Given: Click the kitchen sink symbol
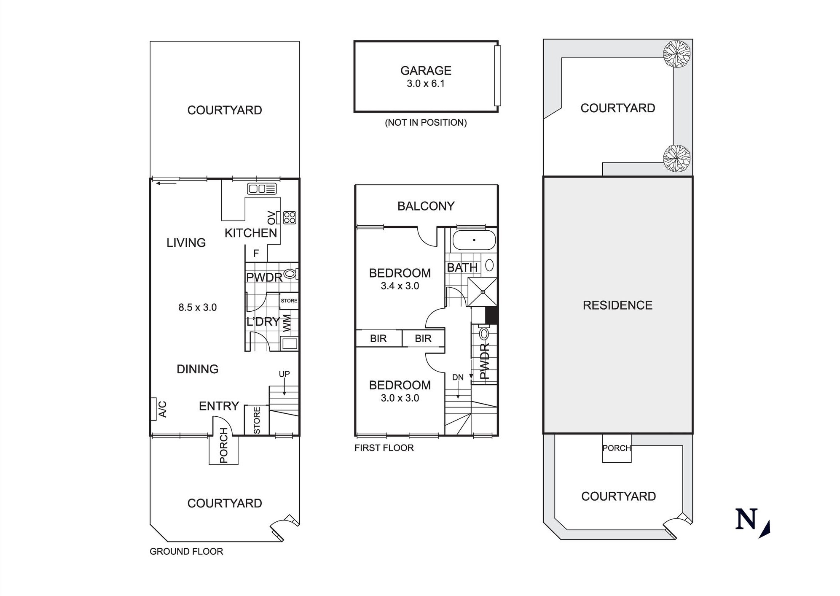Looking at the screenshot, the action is click(262, 189).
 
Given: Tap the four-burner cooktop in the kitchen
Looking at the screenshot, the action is click(290, 218).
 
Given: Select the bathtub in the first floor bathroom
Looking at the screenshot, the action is click(474, 240).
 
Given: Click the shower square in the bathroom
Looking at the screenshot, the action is click(483, 292).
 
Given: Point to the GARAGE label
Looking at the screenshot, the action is click(426, 70).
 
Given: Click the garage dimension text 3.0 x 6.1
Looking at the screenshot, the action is click(426, 84).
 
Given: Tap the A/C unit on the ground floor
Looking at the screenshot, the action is click(153, 409).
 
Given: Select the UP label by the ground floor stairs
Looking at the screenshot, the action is click(284, 374).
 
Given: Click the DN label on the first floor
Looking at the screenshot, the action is click(458, 377).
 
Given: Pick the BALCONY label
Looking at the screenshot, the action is click(426, 206).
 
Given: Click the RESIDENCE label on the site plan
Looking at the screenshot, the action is click(617, 305).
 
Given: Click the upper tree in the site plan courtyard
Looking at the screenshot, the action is click(676, 54).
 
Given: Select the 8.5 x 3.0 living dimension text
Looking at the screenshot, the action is click(197, 307).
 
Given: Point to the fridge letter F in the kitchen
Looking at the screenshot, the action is click(256, 254).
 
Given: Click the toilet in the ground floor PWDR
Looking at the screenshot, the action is click(290, 274).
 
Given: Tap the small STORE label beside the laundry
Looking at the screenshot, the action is click(289, 301).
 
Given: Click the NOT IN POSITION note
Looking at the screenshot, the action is click(426, 123).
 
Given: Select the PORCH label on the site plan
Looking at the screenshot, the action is click(617, 448).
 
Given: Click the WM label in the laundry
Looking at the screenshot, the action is click(287, 323).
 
